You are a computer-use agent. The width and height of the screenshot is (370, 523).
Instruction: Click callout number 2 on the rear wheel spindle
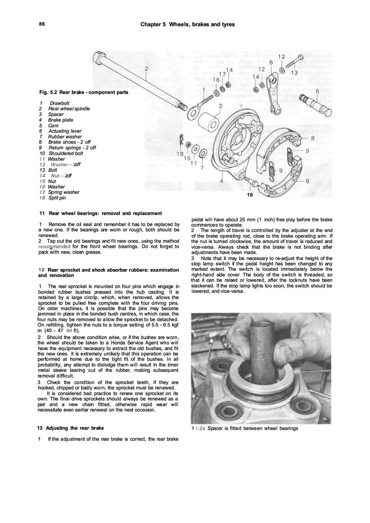pyautogui.click(x=146, y=69)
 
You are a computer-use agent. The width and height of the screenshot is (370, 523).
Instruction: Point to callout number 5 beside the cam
pyautogui.click(x=317, y=91)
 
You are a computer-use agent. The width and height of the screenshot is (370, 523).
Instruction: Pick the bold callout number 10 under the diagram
pyautogui.click(x=250, y=195)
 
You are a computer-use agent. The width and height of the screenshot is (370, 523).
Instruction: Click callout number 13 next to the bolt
pyautogui.click(x=295, y=73)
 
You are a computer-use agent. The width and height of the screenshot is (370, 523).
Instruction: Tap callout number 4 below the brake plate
pyautogui.click(x=220, y=180)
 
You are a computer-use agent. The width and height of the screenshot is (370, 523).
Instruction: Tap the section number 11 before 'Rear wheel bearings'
pyautogui.click(x=41, y=213)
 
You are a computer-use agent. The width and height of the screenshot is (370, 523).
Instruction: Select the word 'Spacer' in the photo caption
pyautogui.click(x=215, y=428)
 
